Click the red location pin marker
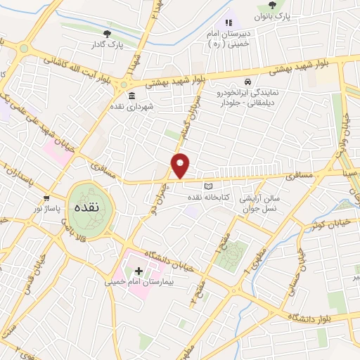[x=181, y=166]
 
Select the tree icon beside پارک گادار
[x=107, y=33]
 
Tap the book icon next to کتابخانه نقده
[x=207, y=186]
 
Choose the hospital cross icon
[x=139, y=270]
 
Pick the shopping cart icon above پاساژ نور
[x=47, y=198]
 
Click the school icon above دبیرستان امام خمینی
[x=228, y=23]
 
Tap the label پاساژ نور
[x=49, y=210]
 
